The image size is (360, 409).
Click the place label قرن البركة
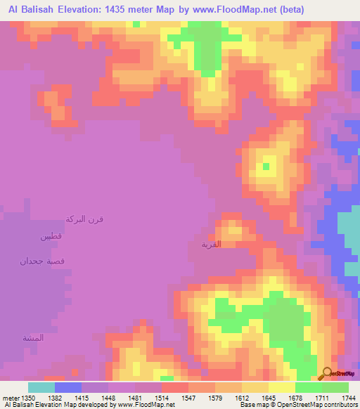[x=84, y=219]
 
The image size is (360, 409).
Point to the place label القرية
[x=211, y=245]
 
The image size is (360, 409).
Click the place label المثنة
[x=33, y=338]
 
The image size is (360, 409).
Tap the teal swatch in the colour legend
[x=41, y=387]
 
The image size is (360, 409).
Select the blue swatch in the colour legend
[x=67, y=387]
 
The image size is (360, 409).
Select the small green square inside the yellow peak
[x=266, y=167]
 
